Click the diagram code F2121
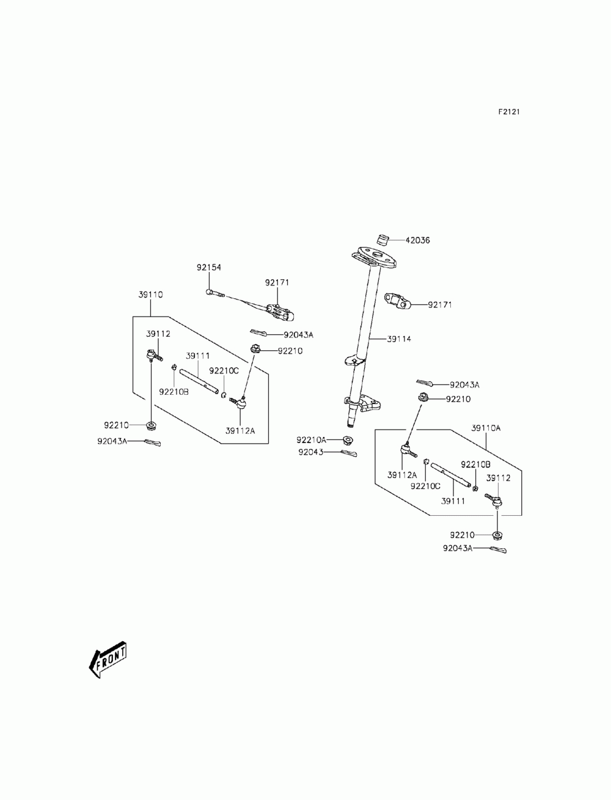point(508,112)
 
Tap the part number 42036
point(417,240)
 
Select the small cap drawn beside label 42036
point(382,240)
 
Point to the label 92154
point(209,268)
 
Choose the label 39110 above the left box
point(150,295)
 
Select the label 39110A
point(486,428)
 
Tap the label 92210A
point(311,440)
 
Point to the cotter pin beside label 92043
point(349,453)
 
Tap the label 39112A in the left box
point(240,431)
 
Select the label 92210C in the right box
point(425,486)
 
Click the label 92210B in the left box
point(174,392)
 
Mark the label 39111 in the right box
point(453,501)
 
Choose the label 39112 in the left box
point(158,334)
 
